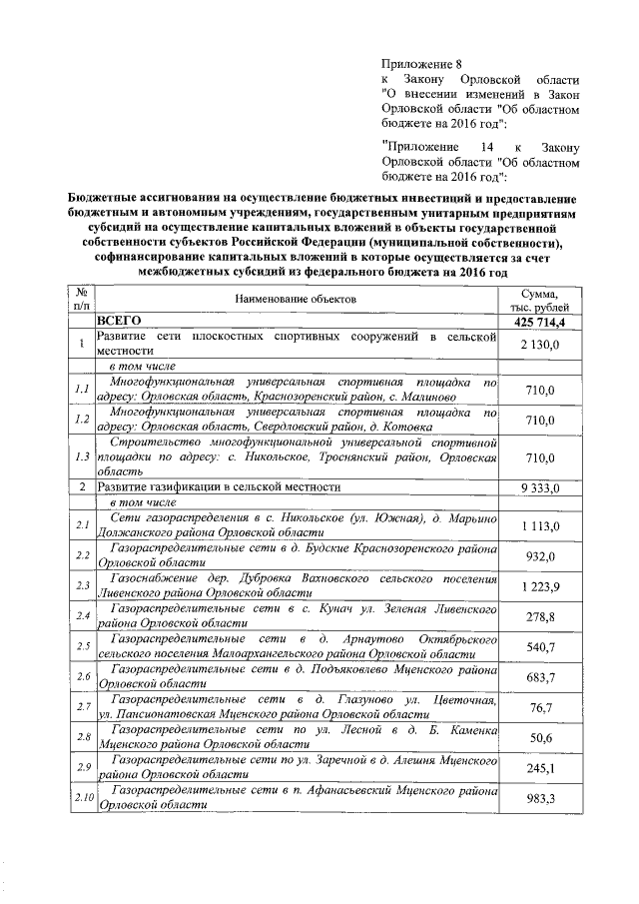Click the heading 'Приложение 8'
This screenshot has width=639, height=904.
[422, 64]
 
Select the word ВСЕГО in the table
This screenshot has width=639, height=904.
[120, 323]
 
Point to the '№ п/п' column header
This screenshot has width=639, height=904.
[80, 299]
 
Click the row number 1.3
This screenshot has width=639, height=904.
[81, 457]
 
